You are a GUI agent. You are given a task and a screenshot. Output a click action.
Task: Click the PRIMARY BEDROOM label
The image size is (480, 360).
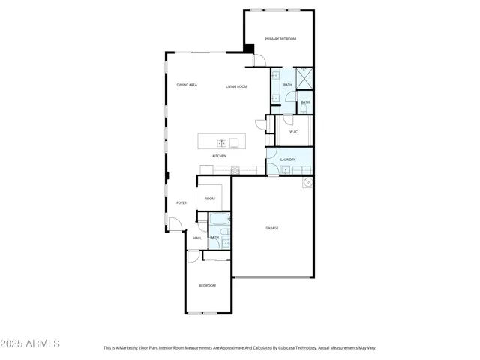point(280,39)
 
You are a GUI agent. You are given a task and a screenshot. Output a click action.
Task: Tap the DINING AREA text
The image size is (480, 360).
point(187,85)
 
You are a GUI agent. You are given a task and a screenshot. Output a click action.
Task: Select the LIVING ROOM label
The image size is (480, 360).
point(236,87)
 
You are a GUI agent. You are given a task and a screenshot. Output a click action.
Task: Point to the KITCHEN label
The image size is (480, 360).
point(219,156)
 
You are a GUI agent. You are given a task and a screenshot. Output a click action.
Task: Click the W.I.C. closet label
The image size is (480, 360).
point(294,133)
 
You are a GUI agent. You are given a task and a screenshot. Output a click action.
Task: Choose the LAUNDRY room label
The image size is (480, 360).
point(287,160)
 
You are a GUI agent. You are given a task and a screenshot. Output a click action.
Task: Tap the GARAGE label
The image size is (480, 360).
point(271,228)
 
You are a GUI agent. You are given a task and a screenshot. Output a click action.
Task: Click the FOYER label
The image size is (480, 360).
point(181,203)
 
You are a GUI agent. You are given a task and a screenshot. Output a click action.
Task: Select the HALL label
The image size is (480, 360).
point(197,238)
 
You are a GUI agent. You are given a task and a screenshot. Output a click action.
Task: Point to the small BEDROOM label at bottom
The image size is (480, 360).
point(208,286)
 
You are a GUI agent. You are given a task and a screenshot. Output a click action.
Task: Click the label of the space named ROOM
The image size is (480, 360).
point(210,199)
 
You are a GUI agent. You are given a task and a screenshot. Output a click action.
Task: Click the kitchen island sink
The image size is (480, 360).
point(222,142)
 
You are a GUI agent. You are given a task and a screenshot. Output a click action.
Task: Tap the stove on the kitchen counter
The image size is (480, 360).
point(235,169)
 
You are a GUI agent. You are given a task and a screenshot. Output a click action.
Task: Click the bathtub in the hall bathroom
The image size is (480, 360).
point(220,221)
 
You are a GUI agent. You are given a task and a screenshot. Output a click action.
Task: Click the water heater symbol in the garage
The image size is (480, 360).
point(307,182)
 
